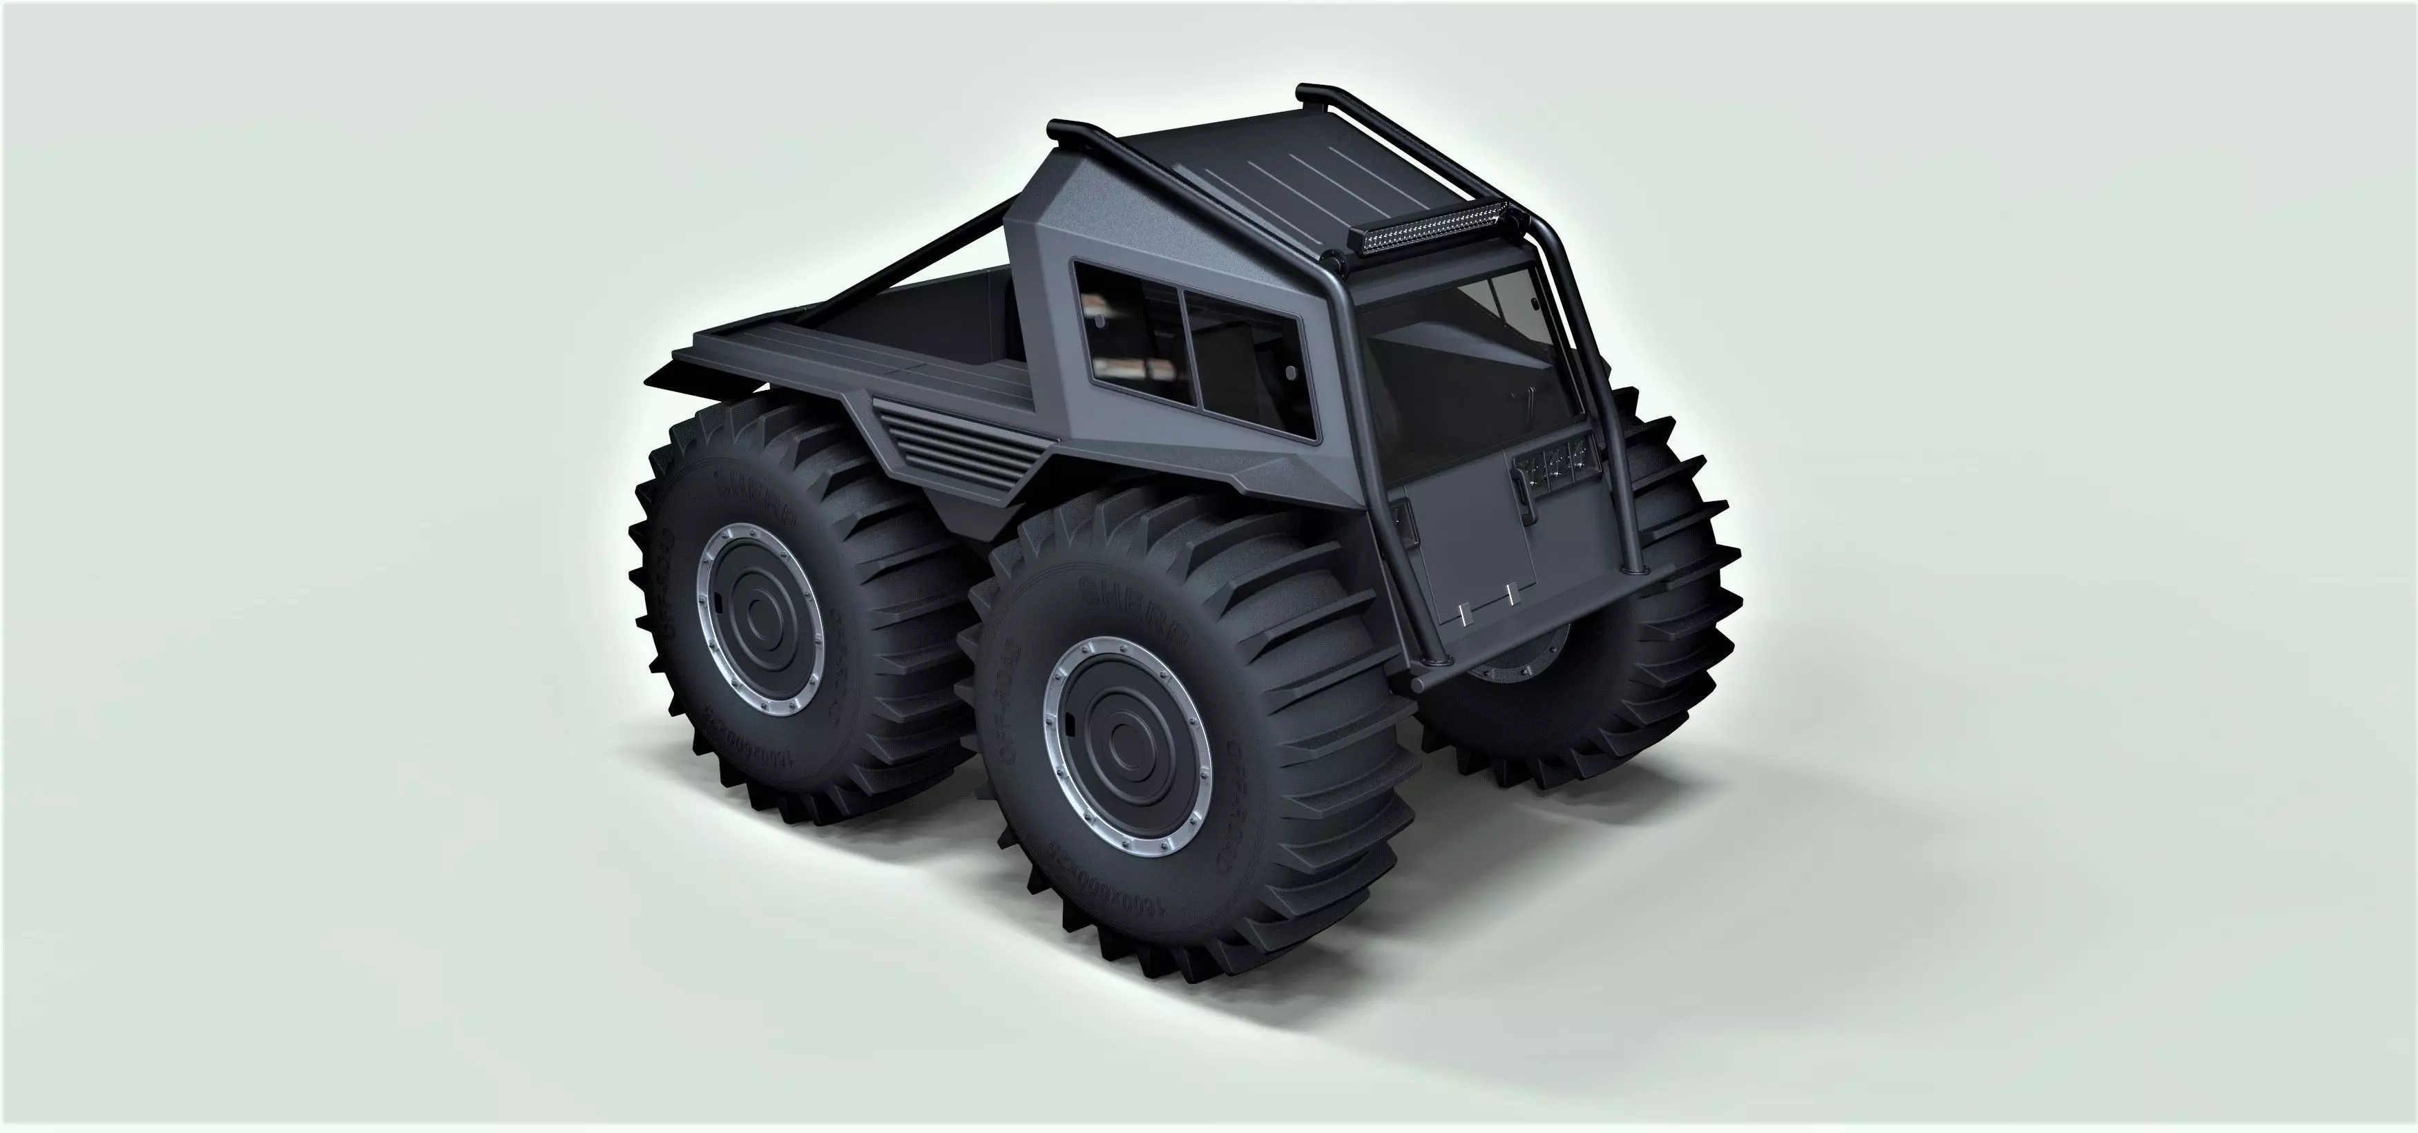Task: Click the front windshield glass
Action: point(1464,357)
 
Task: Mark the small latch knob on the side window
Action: point(1286,371)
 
